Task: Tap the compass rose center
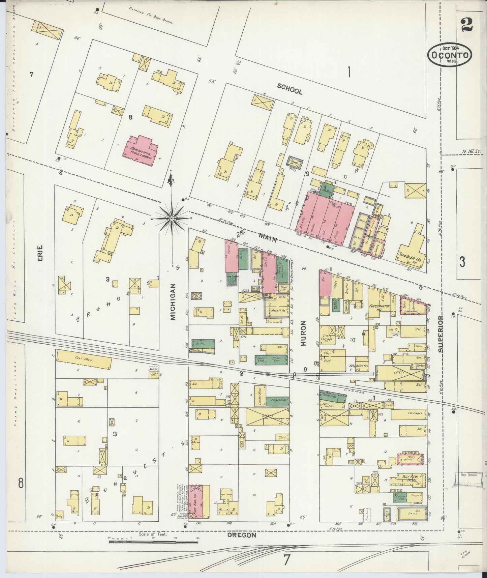click(x=172, y=219)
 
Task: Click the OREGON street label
click(x=242, y=535)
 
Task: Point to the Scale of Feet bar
click(x=153, y=542)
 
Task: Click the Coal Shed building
click(x=83, y=360)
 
